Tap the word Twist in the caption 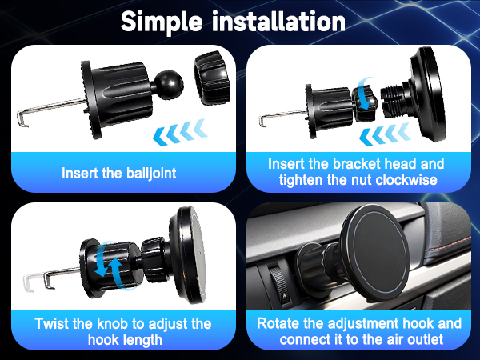(x=50, y=324)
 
